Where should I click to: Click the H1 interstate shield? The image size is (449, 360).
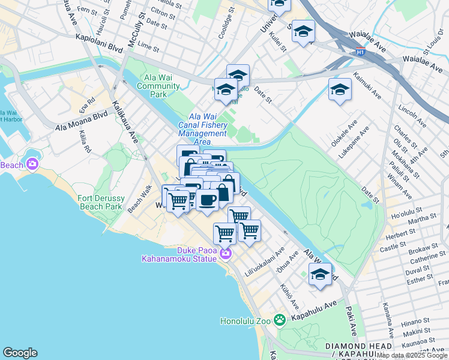(x=360, y=52)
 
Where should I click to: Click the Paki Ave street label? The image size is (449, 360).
(x=351, y=320)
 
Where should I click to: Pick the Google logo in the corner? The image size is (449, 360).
(x=20, y=353)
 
